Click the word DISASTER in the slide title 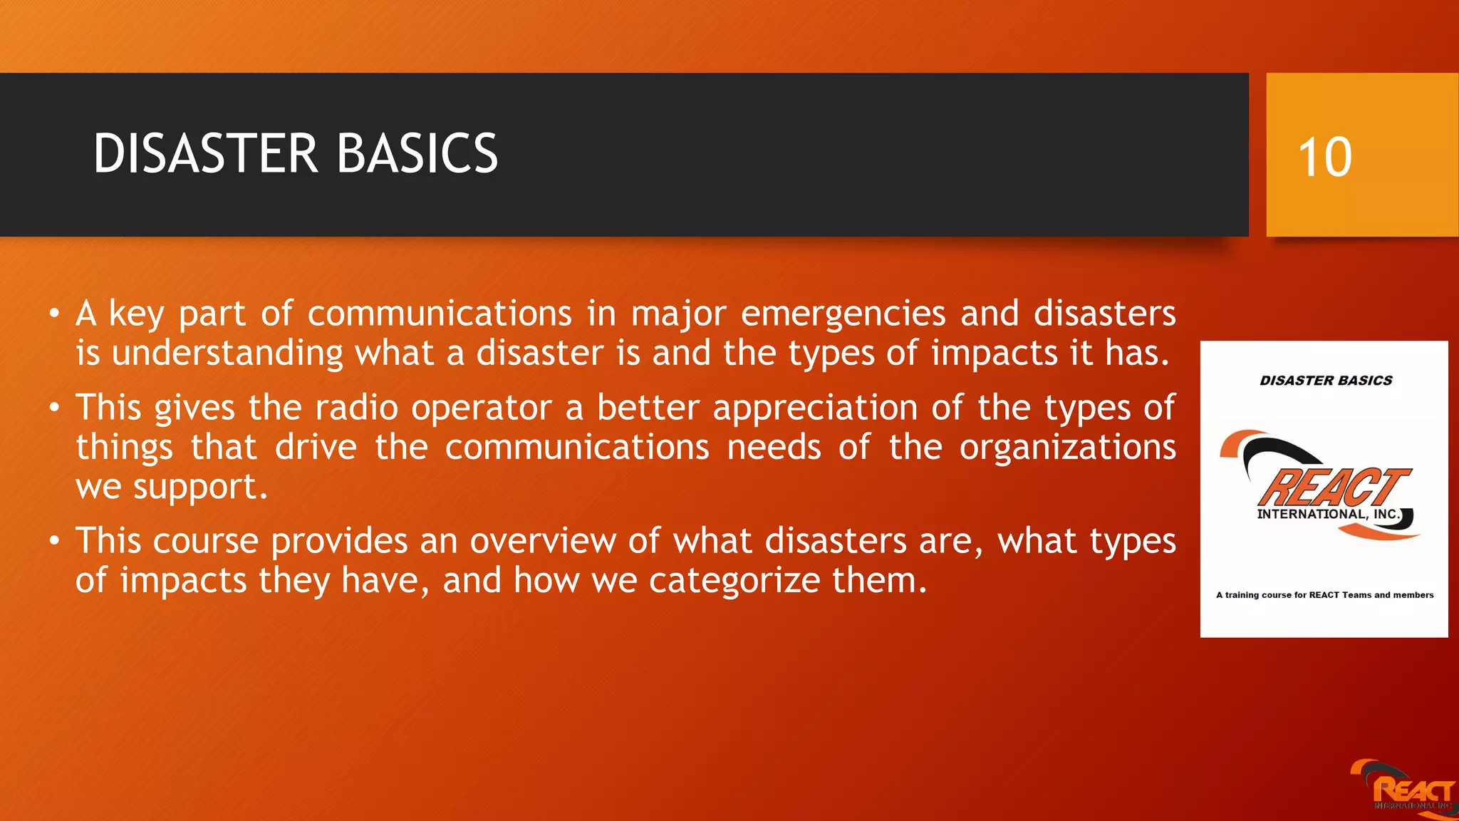205,154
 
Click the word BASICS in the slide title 417,154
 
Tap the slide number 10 1324,158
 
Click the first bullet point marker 55,314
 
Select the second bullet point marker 55,408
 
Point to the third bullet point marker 55,541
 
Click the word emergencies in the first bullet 843,315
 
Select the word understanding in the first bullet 227,354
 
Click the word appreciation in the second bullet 815,408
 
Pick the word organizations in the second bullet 1067,448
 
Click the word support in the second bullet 200,489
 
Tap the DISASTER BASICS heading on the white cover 1326,381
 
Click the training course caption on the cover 1324,595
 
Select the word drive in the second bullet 316,448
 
